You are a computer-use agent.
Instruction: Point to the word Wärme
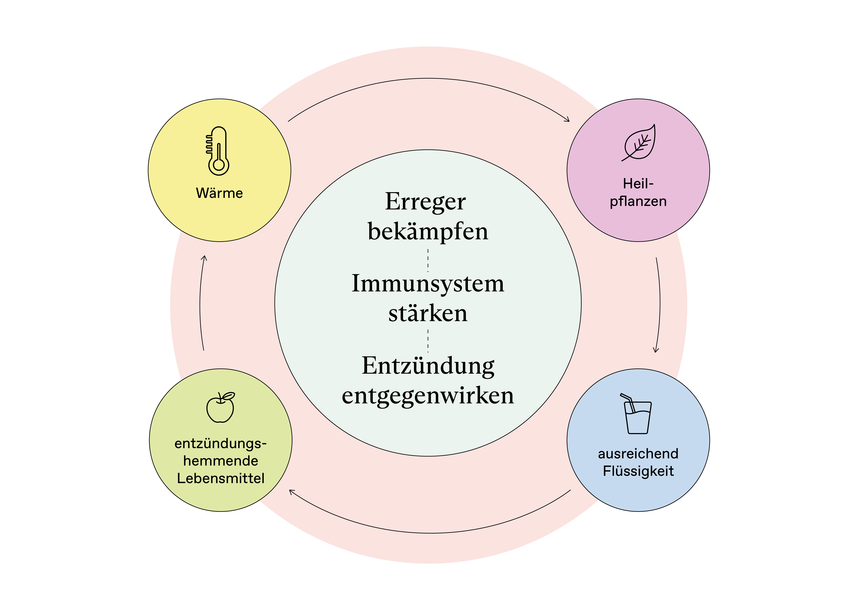[x=219, y=193]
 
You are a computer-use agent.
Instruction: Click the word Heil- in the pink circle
[x=638, y=184]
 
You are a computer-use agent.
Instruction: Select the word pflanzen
[x=638, y=201]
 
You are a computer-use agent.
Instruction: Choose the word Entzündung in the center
[x=428, y=365]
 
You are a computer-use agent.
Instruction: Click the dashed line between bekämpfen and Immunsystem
[x=428, y=260]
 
